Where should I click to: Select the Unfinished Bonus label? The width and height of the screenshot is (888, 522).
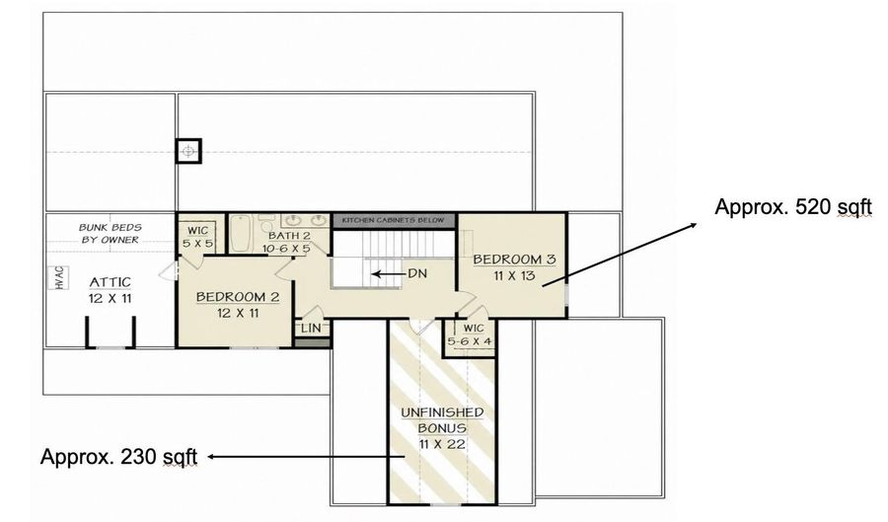pos(442,420)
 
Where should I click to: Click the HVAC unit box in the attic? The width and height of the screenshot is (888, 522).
pos(60,278)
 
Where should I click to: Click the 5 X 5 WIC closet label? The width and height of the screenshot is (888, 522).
pos(197,238)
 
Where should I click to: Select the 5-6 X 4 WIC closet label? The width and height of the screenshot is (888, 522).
pos(470,336)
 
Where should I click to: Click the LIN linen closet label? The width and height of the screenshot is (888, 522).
pos(311,329)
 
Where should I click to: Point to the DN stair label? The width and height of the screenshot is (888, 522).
pos(417,273)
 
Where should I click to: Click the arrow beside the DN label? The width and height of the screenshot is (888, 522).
pos(388,274)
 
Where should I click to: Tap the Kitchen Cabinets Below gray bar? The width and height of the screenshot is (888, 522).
pos(393,220)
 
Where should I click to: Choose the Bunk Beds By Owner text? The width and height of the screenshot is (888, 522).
pos(110,233)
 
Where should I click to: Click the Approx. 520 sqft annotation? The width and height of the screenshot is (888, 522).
pos(793,207)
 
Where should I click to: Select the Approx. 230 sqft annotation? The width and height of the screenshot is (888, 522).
pos(119,456)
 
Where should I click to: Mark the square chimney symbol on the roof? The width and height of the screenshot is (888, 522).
pos(188,151)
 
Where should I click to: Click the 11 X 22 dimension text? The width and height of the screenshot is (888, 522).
pos(442,444)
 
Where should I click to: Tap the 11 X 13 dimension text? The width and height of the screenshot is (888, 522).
pos(515,277)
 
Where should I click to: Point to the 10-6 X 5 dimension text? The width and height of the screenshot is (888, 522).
pos(286,249)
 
